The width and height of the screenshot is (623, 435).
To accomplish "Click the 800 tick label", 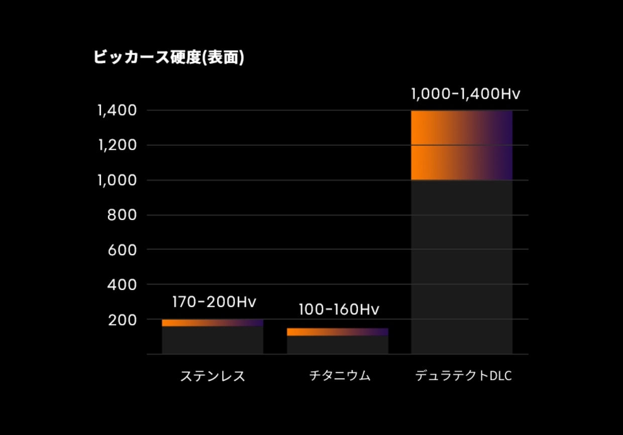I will [122, 215].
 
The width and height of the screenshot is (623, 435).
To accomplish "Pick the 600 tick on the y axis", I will [122, 250].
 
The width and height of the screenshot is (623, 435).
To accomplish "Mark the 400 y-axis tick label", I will [122, 284].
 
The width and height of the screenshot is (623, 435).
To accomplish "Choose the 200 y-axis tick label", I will [122, 319].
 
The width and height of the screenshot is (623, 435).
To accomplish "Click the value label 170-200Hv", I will [214, 302].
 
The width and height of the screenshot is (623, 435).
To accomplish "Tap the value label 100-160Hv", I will [339, 310].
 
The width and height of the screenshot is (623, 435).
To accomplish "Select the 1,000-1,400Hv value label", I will [465, 94].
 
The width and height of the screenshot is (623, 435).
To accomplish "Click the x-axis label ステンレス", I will [213, 376].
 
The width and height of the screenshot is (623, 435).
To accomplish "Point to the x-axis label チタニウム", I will [340, 375].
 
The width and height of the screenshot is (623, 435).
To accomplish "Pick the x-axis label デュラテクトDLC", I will [463, 376].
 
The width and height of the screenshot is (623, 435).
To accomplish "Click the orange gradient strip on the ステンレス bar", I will [213, 322].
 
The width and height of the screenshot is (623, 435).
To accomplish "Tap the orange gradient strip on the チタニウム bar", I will [338, 332].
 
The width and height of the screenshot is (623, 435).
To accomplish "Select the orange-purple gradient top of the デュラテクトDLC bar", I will [462, 145].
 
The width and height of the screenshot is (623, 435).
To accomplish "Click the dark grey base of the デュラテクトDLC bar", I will [462, 267].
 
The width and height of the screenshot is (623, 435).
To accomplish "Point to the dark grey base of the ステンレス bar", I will [213, 340].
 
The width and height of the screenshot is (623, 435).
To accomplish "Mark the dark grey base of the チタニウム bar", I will [338, 345].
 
